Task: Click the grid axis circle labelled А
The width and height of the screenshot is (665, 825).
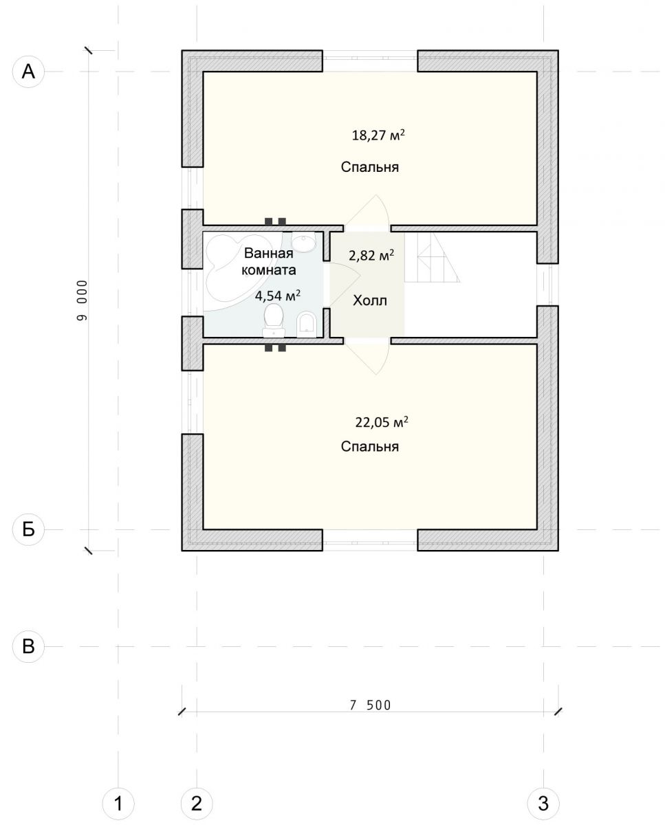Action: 28,71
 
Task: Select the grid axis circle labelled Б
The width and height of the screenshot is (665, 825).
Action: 28,529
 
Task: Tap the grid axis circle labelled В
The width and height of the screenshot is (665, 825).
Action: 28,646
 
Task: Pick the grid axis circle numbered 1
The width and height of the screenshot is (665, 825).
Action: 118,801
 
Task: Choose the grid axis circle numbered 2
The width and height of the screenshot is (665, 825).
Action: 197,801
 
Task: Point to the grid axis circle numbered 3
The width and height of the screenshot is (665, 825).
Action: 543,801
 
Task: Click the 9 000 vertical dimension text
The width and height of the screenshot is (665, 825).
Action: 82,300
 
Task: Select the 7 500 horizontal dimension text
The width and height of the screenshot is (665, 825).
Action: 370,704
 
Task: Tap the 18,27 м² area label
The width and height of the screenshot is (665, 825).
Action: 378,135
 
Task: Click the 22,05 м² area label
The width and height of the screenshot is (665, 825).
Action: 382,422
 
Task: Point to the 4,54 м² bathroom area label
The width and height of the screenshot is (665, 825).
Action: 278,296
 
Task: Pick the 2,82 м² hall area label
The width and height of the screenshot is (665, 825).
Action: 371,255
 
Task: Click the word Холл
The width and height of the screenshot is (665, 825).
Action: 370,300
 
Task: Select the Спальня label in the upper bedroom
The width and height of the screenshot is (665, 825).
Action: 370,167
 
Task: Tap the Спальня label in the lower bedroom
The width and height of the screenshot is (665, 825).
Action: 370,447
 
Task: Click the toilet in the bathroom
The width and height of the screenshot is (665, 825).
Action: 274,320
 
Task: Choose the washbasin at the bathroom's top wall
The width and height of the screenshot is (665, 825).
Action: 303,242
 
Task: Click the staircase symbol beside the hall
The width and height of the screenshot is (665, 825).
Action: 433,257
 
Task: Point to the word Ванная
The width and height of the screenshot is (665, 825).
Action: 268,254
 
